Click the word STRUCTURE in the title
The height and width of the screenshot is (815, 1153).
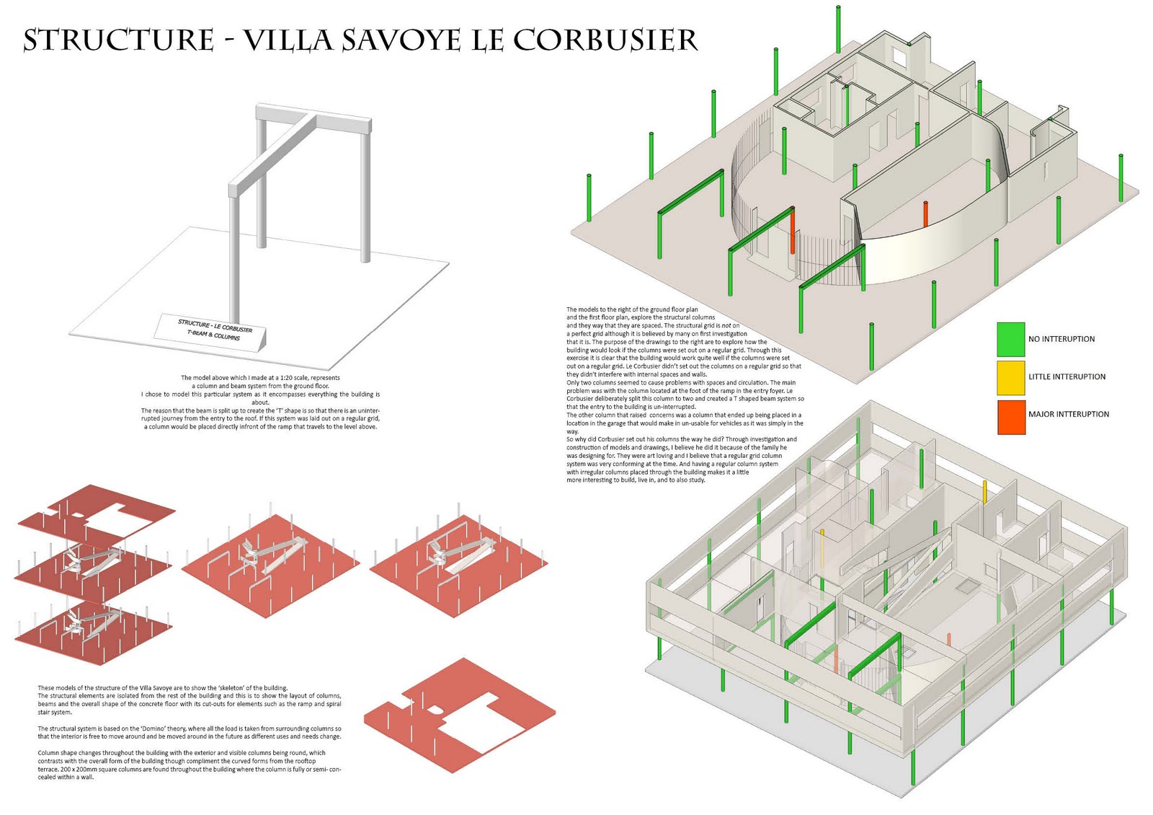(x=119, y=40)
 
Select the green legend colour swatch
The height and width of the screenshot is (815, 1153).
(x=1010, y=339)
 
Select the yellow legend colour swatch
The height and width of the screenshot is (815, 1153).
(x=1010, y=376)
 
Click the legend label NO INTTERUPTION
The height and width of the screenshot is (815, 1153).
(x=1061, y=339)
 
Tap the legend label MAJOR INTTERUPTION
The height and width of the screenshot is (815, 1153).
(x=1068, y=415)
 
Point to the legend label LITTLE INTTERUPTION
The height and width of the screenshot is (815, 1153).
(x=1067, y=376)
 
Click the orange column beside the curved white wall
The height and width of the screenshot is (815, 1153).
(x=925, y=214)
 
